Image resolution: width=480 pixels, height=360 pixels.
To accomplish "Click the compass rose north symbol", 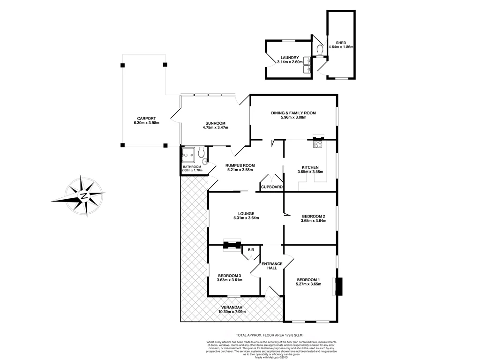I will coord(83,195).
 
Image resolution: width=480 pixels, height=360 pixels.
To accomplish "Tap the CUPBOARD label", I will coord(272,187).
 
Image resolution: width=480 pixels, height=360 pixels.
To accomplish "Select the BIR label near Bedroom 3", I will coord(251,250).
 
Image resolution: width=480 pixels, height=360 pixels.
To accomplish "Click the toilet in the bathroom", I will coord(201,152).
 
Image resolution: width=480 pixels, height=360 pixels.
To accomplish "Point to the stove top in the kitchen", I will coord(318,144).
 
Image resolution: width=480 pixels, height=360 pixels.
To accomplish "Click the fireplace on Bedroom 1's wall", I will coord(338,286).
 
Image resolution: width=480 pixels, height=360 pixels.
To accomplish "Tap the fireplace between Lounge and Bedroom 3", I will coord(232,245).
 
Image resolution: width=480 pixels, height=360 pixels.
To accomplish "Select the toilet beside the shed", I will coord(320,49).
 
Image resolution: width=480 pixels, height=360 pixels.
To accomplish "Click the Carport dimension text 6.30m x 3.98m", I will coord(146,123).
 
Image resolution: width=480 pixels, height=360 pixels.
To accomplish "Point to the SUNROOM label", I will coord(215,123).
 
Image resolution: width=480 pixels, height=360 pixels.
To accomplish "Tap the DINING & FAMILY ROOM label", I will coord(293,113).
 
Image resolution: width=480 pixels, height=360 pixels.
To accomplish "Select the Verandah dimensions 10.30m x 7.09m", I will coord(232,312).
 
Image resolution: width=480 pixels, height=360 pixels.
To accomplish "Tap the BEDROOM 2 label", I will coord(313,216).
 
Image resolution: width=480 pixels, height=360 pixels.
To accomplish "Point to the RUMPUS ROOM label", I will coord(240,165).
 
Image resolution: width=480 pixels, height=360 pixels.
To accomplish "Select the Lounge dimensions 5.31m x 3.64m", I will coord(246,218).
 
